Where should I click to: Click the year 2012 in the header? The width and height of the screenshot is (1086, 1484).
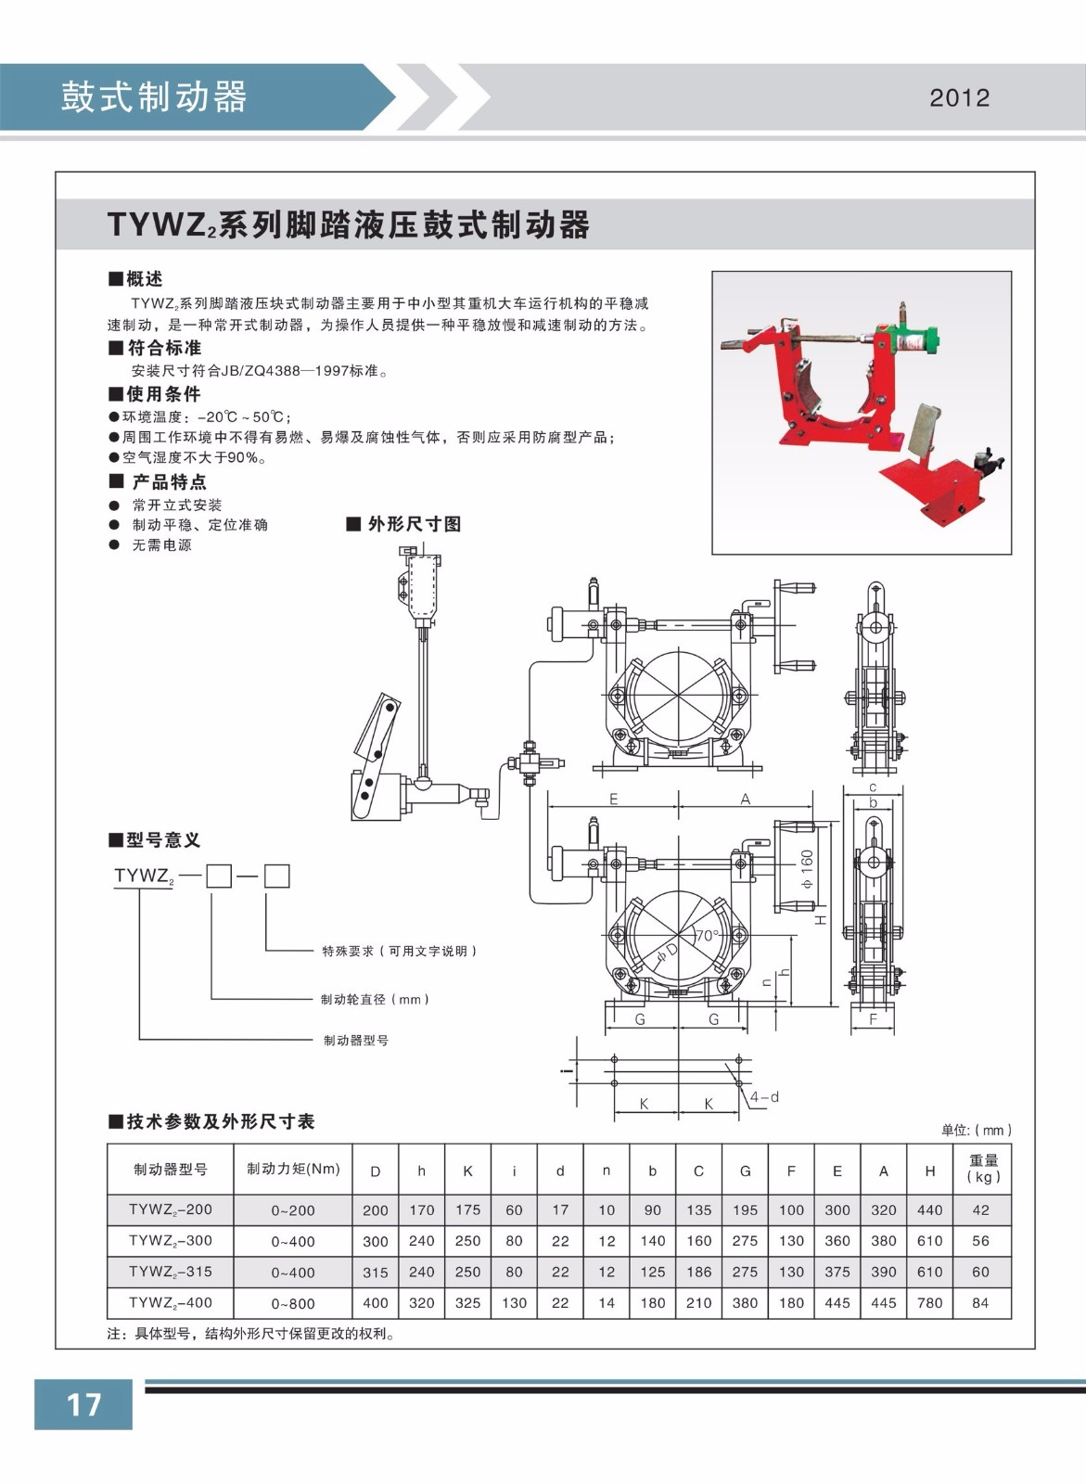[x=959, y=98]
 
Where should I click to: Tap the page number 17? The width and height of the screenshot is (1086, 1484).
[x=83, y=1403]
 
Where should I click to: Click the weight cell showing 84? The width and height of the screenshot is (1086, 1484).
[x=980, y=1302]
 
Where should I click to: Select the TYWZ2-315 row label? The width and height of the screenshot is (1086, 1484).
[x=171, y=1272]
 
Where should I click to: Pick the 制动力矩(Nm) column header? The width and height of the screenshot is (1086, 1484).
[x=293, y=1169]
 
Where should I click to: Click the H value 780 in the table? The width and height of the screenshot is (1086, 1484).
[x=929, y=1302]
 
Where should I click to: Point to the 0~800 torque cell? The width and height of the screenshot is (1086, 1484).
[x=293, y=1303]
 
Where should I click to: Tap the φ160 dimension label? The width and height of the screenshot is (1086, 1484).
[x=807, y=870]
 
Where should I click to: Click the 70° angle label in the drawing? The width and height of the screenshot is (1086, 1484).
[x=708, y=936]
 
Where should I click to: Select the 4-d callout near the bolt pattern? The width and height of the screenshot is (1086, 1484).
[x=764, y=1097]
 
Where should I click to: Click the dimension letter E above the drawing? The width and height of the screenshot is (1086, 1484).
[x=613, y=799]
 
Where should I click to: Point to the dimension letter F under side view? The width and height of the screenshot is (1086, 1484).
[x=873, y=1018]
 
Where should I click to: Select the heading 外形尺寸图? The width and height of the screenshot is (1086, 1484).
[x=414, y=524]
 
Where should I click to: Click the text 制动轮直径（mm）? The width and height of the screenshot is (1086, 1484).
[x=375, y=999]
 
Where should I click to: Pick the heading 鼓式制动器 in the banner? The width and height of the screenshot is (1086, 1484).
[x=154, y=96]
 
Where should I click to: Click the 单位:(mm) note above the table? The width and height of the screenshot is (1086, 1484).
[x=976, y=1130]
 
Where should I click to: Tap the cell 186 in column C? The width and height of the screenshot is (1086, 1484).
[x=698, y=1272]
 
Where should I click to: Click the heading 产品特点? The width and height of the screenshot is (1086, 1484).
[x=168, y=481]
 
